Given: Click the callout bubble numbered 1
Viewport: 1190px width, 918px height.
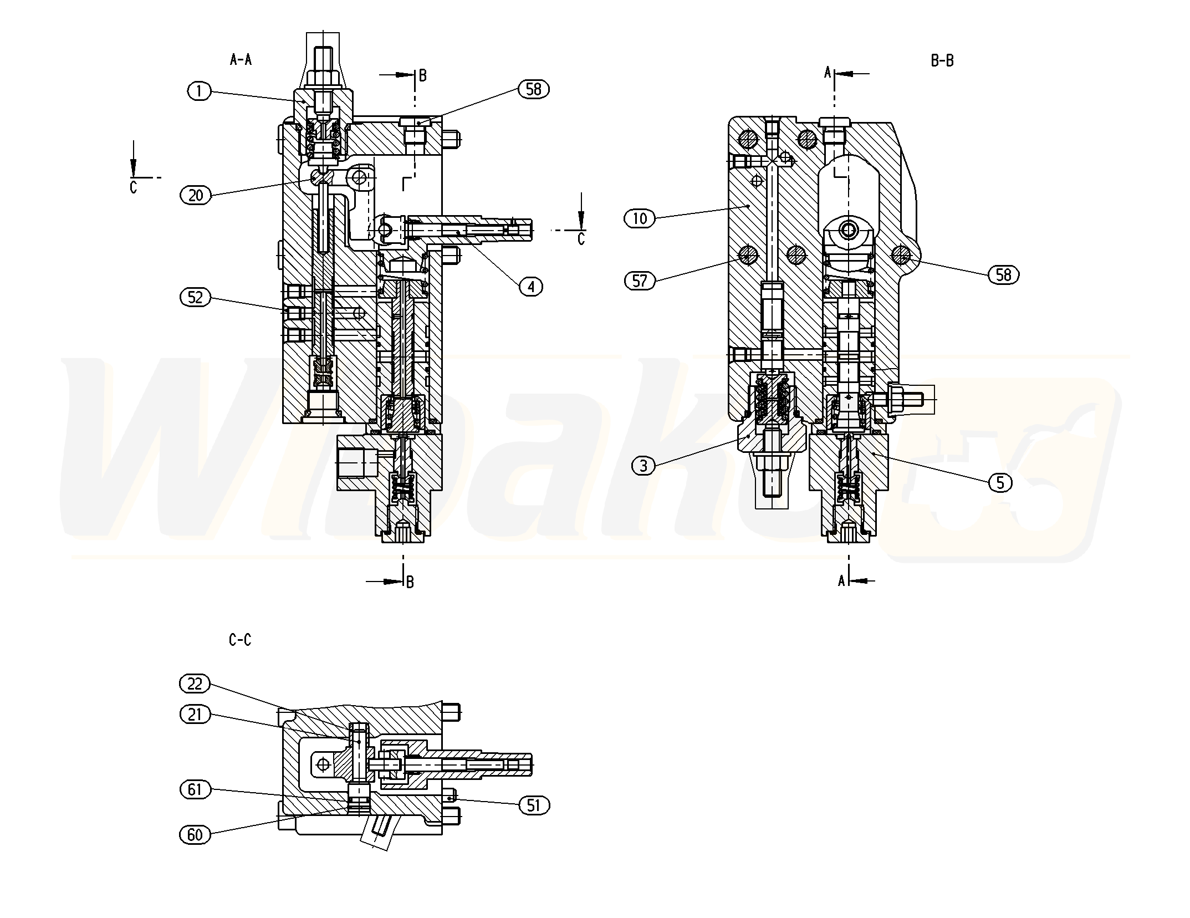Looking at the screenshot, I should pos(200,90).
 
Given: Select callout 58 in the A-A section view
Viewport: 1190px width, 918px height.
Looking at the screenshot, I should pos(533,89).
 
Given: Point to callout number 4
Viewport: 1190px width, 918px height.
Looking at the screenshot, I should pos(531,287).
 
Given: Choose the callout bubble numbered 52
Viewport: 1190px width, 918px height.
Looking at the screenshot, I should pos(195,298).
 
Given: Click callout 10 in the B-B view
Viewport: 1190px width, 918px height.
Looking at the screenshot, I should pos(640,218).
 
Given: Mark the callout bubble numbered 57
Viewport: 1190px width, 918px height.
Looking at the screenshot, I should pos(640,281).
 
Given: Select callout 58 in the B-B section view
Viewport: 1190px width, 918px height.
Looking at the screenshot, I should pos(1003,274).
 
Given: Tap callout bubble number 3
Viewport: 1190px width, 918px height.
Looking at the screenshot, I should pos(643,466).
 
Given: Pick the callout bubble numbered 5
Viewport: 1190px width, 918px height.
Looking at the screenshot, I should pos(1000,483).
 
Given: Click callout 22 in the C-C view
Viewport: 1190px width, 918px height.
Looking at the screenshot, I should pos(195,684).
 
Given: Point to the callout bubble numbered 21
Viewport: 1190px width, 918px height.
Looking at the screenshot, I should pos(195,715).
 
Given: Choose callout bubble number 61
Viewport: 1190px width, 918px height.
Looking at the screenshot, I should pos(195,789).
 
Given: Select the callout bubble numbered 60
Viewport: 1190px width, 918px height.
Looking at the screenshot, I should pos(195,834).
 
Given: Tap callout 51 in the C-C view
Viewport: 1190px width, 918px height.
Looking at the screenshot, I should pos(533,805).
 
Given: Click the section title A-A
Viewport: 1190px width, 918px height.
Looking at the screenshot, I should pos(241,60).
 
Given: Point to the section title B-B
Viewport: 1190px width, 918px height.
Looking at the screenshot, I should pos(942,61).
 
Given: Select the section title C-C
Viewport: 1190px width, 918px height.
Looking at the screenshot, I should pos(239,640).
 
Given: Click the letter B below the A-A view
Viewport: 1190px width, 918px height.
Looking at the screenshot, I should pos(410,582).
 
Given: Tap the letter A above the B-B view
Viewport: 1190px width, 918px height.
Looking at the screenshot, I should pos(828,73).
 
